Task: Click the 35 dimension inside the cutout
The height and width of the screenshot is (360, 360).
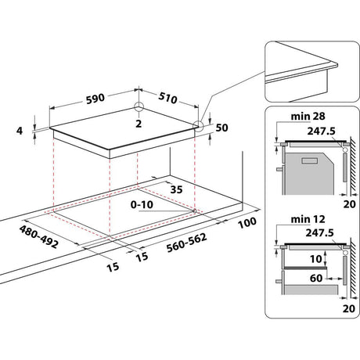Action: click(x=178, y=189)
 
